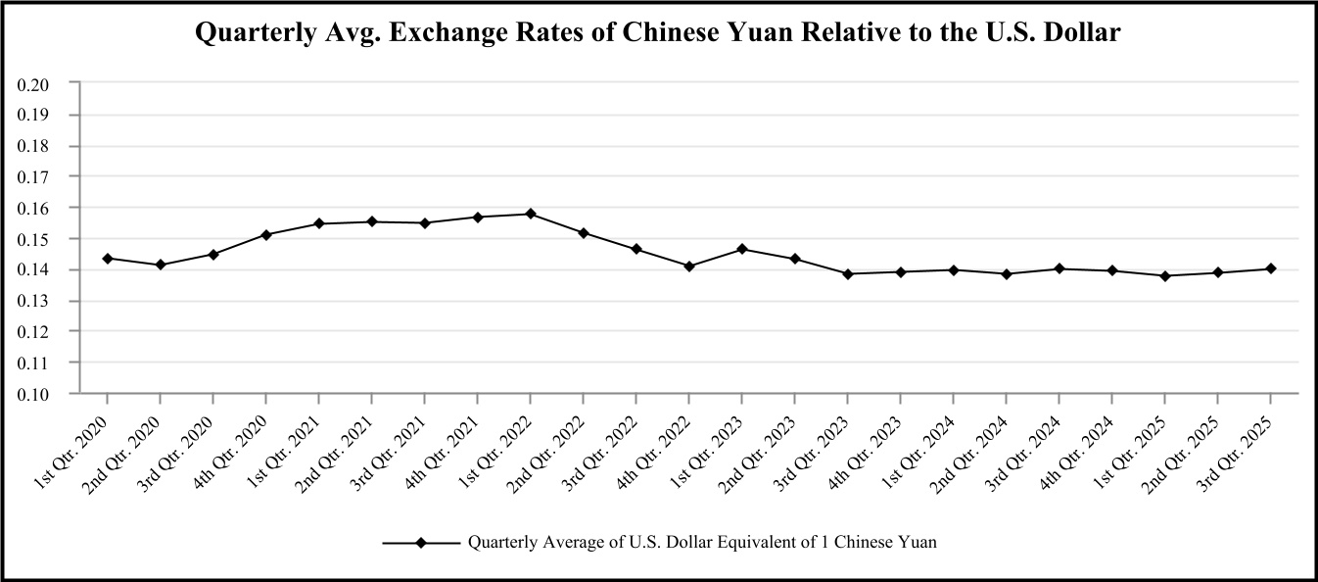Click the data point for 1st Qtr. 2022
pos(530,214)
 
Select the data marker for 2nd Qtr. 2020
pos(161,265)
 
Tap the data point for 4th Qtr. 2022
pos(688,267)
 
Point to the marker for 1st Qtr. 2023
pos(741,249)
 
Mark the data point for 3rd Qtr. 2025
pos(1270,268)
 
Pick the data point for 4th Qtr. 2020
pos(266,234)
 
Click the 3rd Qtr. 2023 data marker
pos(847,273)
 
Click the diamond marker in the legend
pos(420,542)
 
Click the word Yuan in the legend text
pos(918,542)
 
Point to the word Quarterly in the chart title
pos(249,32)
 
